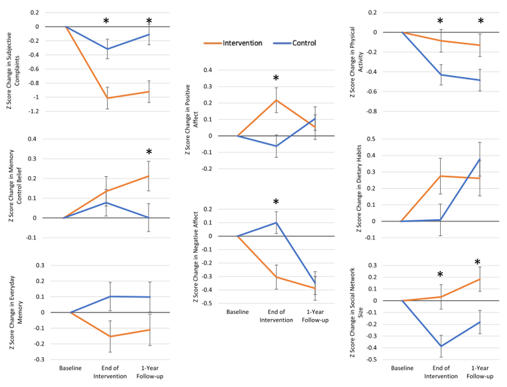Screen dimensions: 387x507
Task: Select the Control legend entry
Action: [x=294, y=43]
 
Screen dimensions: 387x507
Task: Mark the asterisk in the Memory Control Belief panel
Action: [x=148, y=152]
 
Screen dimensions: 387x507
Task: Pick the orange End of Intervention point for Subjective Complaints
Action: [x=108, y=98]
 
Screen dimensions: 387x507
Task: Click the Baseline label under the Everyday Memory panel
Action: [x=70, y=368]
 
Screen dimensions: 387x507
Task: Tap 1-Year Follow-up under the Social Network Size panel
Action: [x=480, y=371]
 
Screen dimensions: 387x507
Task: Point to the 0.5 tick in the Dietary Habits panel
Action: [x=372, y=139]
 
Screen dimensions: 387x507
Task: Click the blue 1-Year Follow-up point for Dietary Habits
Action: [x=480, y=159]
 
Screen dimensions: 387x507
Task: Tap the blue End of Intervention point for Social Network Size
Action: [x=440, y=346]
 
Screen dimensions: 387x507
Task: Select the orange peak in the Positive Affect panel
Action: [x=276, y=100]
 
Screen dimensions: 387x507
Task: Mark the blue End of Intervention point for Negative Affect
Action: [x=276, y=222]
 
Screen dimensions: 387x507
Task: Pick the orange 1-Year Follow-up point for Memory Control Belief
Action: [x=148, y=176]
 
